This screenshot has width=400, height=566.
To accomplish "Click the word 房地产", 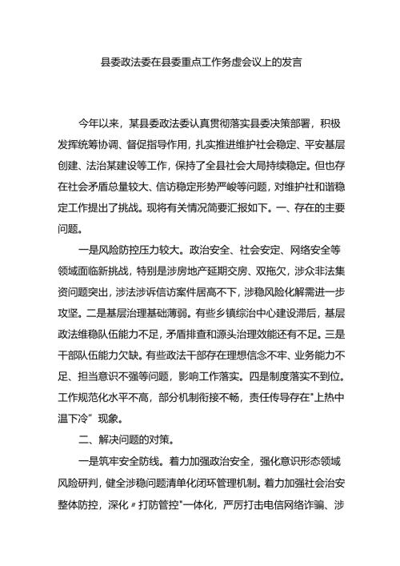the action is pos(210,271).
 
